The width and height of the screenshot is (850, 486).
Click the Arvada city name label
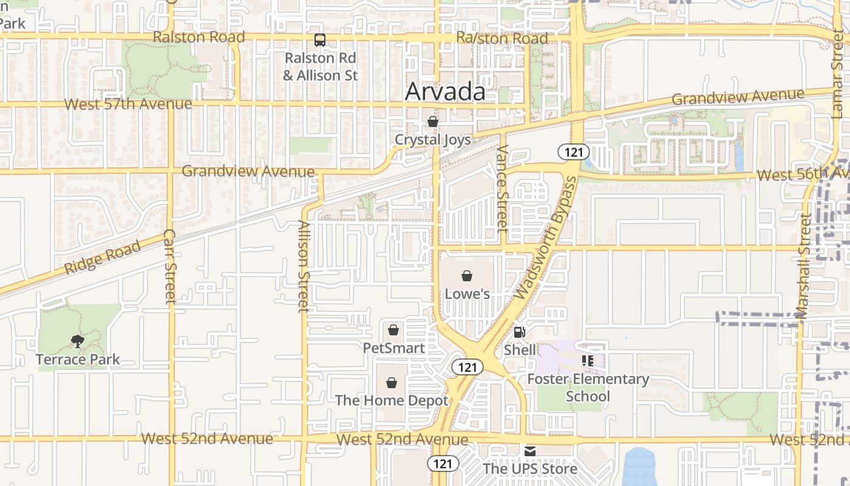[x=445, y=92]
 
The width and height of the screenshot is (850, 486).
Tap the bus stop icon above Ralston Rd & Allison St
[x=320, y=41]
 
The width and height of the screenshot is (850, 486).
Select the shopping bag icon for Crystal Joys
[x=432, y=122]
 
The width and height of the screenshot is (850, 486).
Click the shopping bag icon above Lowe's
[x=467, y=276]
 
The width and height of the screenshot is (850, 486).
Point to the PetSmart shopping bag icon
[x=393, y=330]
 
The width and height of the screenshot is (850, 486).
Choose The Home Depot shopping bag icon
[x=392, y=383]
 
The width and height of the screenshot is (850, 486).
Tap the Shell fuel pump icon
[x=519, y=332]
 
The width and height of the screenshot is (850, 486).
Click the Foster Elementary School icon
[x=587, y=361]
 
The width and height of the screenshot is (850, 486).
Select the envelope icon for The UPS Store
[x=530, y=451]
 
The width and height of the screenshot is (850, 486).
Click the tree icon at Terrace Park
[x=78, y=341]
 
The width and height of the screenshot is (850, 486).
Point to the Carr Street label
[x=169, y=267]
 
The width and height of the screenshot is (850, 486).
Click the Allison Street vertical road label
[x=304, y=266]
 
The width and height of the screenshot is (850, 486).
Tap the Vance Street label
[x=501, y=189]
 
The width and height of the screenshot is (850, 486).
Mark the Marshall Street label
[x=803, y=265]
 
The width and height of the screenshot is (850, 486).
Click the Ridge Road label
[x=103, y=257]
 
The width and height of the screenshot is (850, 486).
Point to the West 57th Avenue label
[x=128, y=104]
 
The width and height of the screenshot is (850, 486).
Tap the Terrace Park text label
[x=78, y=359]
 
